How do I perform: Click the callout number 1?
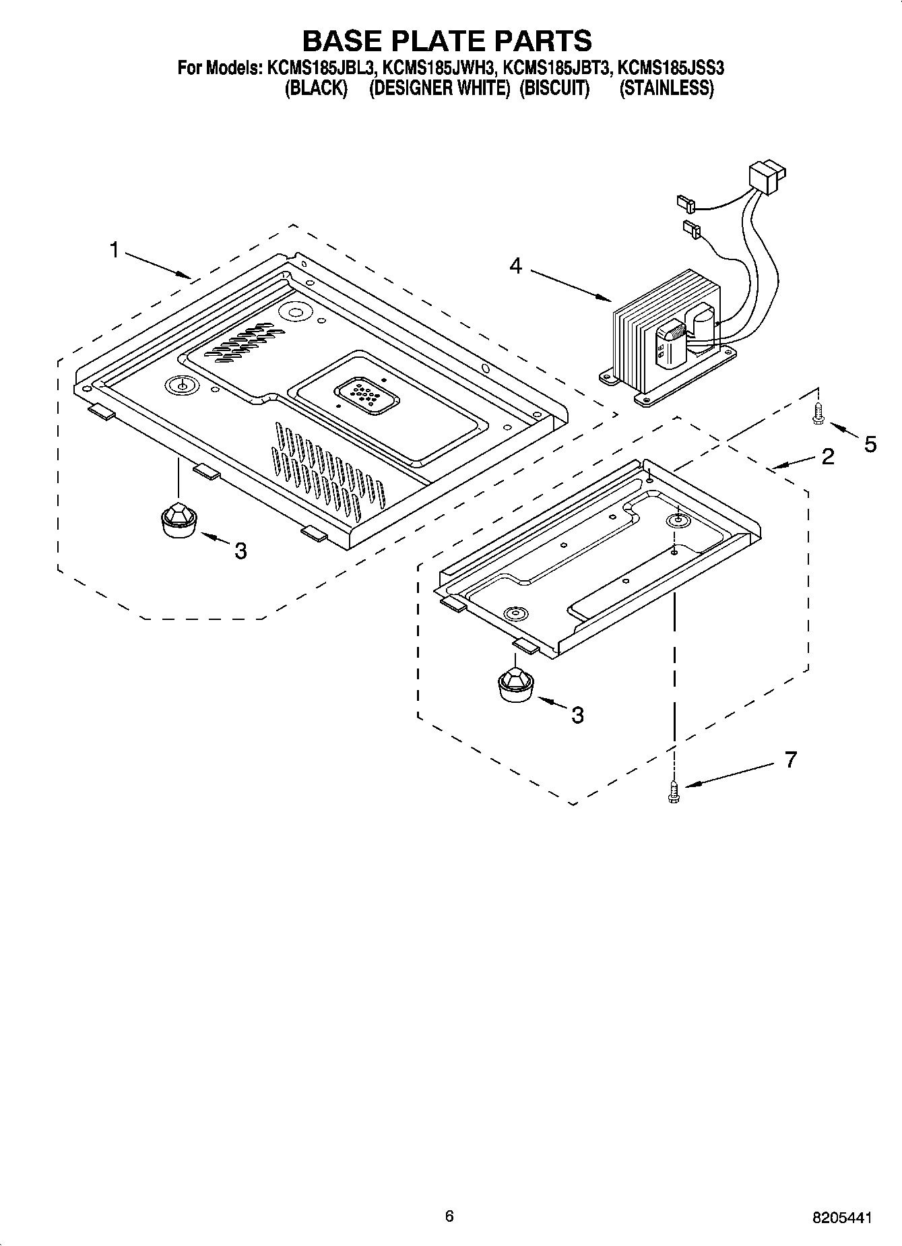click(114, 251)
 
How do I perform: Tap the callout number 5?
click(870, 444)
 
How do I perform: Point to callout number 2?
click(828, 457)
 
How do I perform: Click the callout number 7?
click(791, 760)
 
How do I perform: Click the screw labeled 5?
click(818, 413)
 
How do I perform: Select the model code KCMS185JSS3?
click(670, 68)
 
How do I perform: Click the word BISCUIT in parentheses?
click(554, 88)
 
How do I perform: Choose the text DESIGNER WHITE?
click(439, 88)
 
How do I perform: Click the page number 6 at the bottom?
click(449, 1216)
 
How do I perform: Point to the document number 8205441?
click(841, 1218)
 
